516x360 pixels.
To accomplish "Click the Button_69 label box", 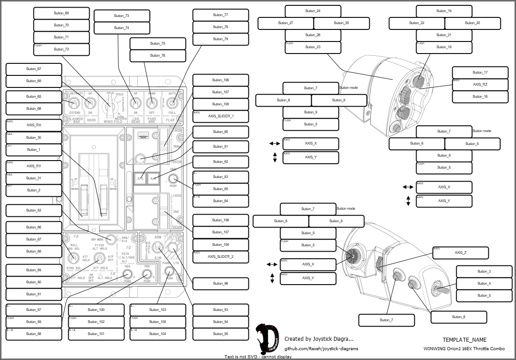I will pos(62,13).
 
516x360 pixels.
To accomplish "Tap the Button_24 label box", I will pos(313,11).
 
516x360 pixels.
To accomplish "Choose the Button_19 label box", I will pos(444,11).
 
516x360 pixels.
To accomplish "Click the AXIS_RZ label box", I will pos(480,84).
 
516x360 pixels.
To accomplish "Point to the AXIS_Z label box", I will pos(461,252).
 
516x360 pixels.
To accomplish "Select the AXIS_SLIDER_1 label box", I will pos(221,116).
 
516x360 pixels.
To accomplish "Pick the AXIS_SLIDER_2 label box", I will pos(221,257).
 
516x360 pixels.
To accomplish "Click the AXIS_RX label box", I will pos(34,125).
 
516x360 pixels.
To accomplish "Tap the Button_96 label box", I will pos(221,283).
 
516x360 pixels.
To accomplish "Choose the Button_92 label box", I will pos(34,210).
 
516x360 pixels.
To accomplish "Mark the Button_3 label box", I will pos(484,271).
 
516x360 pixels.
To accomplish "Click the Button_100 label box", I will pos(96,310).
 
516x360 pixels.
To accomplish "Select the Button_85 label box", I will pos(221,189).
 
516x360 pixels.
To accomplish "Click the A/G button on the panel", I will pos(140,178).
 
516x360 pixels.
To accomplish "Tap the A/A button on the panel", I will pos(153,178).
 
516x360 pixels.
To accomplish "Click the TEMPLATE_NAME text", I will pos(465,339).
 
